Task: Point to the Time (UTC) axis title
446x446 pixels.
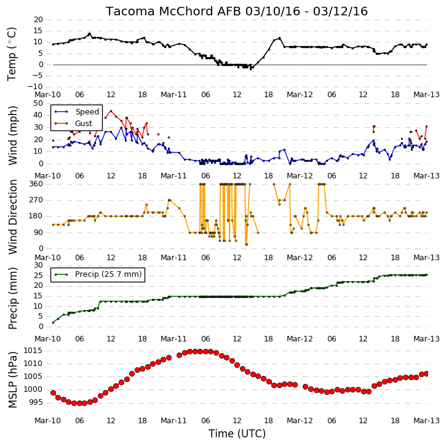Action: coord(237,434)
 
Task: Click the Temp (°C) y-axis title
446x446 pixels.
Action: coord(12,54)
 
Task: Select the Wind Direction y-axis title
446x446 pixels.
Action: coord(12,217)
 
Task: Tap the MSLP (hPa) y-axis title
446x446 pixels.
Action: coord(12,380)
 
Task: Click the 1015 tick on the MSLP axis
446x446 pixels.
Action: coord(33,351)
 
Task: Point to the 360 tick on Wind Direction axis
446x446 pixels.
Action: coord(36,184)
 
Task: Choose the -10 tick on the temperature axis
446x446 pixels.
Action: coord(35,87)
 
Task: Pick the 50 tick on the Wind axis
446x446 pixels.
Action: coord(38,103)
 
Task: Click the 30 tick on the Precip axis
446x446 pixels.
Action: coord(38,265)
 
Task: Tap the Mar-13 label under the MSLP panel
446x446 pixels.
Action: coord(426,420)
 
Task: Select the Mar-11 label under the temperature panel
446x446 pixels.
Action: coord(173,95)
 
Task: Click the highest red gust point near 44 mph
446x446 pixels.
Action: coord(111,111)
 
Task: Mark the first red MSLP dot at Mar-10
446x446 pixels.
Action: coord(53,393)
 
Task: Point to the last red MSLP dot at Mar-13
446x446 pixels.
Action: coord(426,374)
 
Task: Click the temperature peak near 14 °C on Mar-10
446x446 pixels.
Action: coord(89,34)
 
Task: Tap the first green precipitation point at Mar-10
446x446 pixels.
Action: coord(53,322)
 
